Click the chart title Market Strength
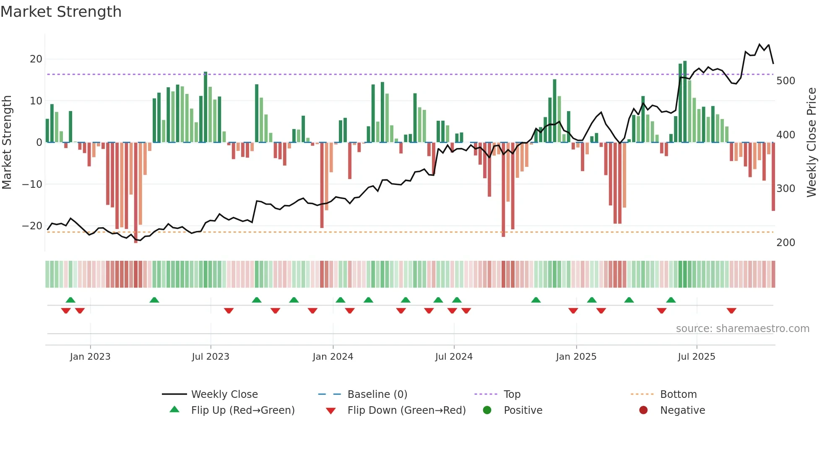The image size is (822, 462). tap(61, 12)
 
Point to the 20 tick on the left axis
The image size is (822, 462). tap(36, 59)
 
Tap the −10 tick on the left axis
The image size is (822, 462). tap(32, 184)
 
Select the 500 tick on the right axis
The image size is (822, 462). tap(786, 80)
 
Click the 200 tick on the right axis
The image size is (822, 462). tap(786, 242)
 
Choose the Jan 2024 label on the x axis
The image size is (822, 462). tap(333, 357)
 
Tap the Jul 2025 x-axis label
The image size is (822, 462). tap(696, 357)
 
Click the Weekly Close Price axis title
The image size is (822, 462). tap(812, 143)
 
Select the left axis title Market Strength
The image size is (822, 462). tap(7, 143)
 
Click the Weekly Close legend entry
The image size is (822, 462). tap(224, 395)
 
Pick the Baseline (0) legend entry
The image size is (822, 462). tap(377, 395)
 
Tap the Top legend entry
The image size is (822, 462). tap(512, 395)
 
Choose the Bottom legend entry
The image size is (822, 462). tap(678, 395)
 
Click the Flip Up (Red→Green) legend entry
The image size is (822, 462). tap(242, 410)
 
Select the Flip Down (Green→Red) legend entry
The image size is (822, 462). tap(406, 410)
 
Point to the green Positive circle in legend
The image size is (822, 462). tap(487, 410)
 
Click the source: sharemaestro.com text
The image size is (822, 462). tap(742, 329)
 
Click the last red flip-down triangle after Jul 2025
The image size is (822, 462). tap(731, 311)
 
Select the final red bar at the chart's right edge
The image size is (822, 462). tap(773, 176)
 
